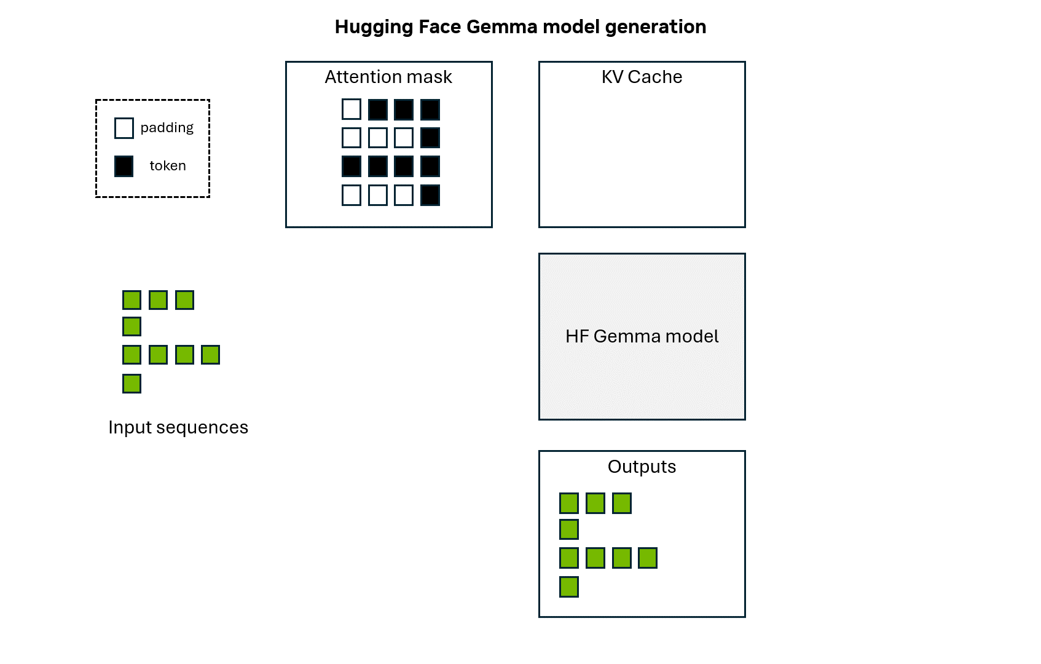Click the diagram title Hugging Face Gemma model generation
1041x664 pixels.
click(520, 27)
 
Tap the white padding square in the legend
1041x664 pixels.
click(124, 128)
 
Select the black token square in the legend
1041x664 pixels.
click(124, 166)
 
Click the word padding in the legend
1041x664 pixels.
click(167, 128)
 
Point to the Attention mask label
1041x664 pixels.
click(388, 77)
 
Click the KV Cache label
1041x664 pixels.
click(642, 77)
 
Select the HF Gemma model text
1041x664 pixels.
click(642, 336)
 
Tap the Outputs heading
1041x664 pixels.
click(642, 467)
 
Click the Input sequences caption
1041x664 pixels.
click(178, 427)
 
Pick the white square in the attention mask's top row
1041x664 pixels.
click(352, 109)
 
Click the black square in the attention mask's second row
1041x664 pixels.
click(430, 138)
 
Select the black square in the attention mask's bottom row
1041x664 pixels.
click(430, 196)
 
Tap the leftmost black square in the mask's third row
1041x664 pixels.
click(352, 167)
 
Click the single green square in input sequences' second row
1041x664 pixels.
click(132, 326)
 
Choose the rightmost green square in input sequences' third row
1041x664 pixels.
click(210, 355)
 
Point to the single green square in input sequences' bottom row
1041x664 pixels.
click(132, 384)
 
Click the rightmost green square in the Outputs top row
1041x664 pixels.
click(622, 503)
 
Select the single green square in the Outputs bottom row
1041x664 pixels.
click(569, 587)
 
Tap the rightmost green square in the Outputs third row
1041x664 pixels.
click(648, 558)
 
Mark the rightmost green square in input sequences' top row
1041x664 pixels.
click(184, 300)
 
